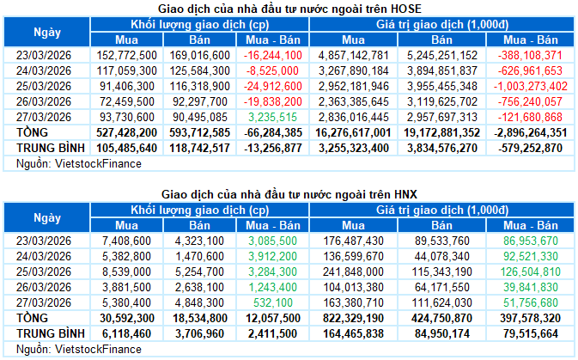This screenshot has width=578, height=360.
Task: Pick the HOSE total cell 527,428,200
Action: tap(126, 132)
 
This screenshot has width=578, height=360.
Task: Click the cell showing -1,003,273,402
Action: tap(526, 86)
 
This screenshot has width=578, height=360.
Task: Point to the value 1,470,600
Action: tap(204, 256)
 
